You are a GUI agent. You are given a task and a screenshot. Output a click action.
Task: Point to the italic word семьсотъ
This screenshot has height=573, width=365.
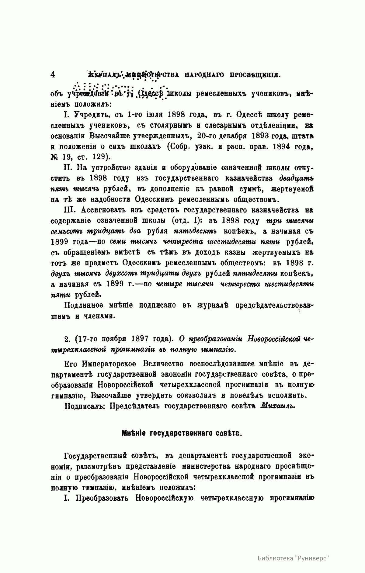[65, 231]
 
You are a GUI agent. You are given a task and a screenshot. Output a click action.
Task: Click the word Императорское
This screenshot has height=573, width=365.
[110, 364]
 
